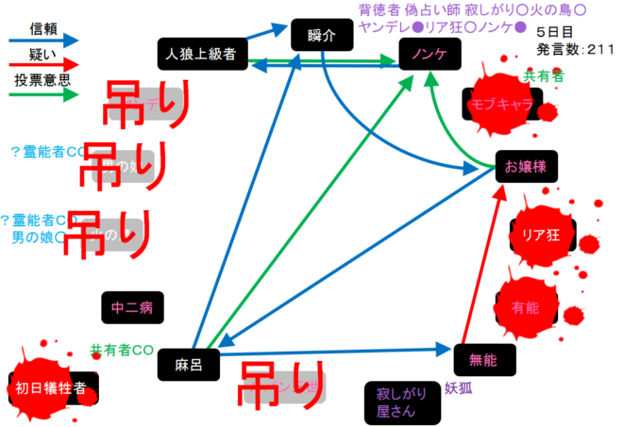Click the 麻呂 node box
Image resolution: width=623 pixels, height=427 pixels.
[x=183, y=362]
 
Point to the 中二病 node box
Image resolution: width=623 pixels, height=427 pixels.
[x=132, y=307]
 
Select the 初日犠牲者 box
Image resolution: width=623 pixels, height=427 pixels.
[x=52, y=386]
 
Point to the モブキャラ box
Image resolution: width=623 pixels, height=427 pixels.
[x=501, y=104]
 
